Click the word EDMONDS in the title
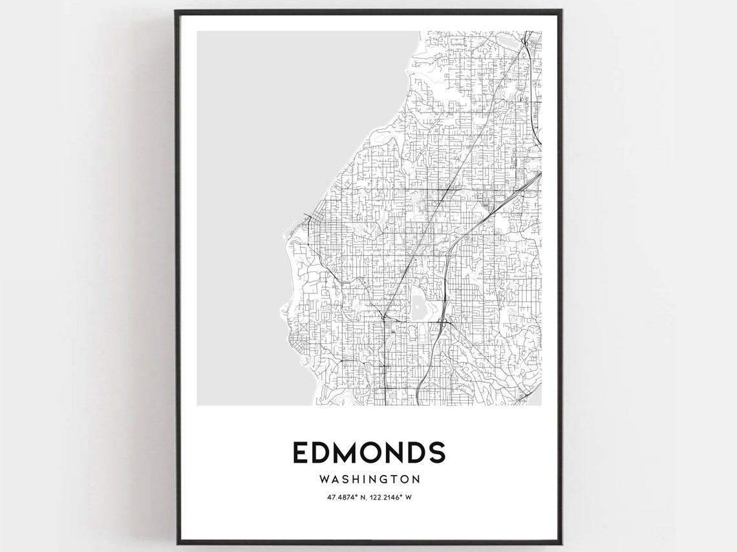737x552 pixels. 368,452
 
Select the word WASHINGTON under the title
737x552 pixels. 368,480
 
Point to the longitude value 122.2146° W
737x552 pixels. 393,496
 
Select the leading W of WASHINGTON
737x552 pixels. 324,480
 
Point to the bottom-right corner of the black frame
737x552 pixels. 562,544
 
